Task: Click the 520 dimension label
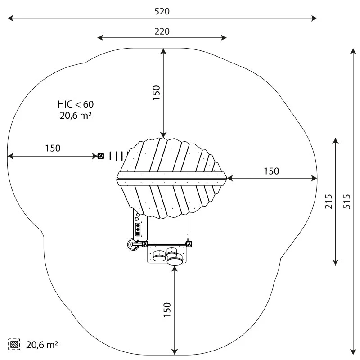pos(162,11)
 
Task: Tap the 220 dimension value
pos(162,31)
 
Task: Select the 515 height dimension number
pos(347,201)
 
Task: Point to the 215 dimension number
pos(328,201)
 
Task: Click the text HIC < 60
pos(76,104)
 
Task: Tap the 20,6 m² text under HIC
pos(76,116)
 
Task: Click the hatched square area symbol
pos(14,344)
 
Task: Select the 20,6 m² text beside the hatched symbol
pos(42,345)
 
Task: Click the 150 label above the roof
pos(156,92)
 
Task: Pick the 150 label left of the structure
pos(53,148)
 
